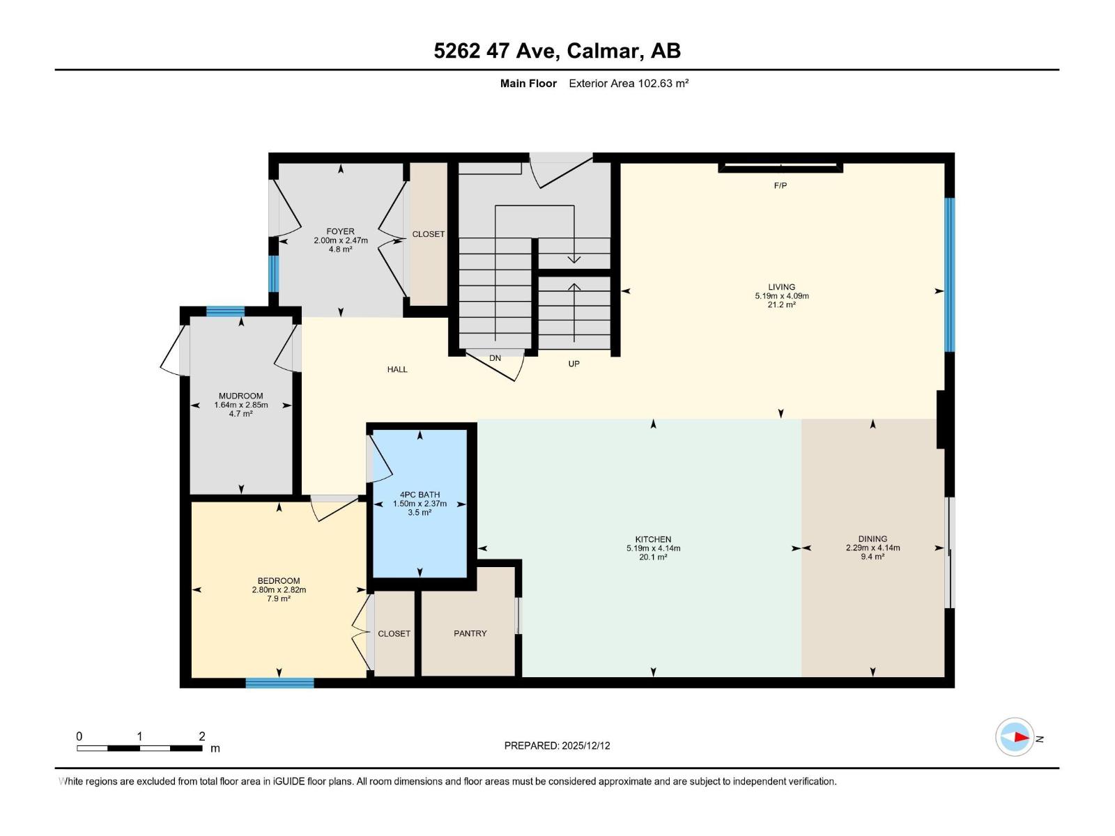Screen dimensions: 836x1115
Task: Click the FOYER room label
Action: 340,231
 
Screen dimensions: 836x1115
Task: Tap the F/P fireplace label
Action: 780,185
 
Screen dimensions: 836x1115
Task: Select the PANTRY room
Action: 470,633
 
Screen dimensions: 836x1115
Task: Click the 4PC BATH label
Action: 420,495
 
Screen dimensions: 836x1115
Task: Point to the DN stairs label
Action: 495,358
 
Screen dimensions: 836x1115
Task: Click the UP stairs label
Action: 574,364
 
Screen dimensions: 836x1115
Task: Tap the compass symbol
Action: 1015,737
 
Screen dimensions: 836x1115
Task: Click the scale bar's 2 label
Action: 201,736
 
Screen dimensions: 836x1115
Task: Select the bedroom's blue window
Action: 279,683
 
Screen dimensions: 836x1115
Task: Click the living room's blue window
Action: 949,274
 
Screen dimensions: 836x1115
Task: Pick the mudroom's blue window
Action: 225,311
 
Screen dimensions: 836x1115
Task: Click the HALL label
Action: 397,369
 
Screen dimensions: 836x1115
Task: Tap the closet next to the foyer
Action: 428,234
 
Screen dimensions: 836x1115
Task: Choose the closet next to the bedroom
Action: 394,633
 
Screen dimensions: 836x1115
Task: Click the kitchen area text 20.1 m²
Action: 653,557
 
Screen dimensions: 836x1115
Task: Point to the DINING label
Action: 872,539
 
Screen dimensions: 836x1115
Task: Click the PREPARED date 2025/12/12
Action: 585,745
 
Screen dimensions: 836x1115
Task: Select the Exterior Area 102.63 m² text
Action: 629,84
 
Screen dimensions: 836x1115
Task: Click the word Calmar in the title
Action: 603,51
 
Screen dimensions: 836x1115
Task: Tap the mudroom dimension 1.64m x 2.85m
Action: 240,405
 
